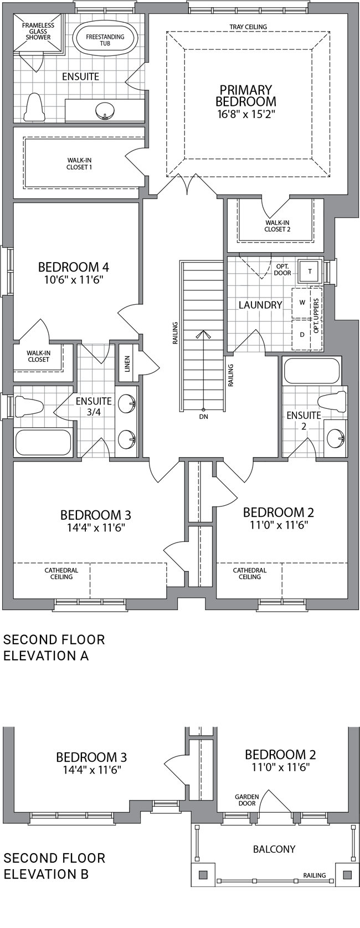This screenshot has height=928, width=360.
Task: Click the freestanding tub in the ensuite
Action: point(105,40)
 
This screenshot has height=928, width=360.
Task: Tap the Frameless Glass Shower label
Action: point(38,31)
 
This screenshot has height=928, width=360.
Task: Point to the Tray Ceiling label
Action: point(248,27)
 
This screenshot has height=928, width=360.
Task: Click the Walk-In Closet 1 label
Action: point(79,163)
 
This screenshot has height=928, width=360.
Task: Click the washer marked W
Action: point(302,303)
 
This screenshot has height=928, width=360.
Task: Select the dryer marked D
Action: point(302,334)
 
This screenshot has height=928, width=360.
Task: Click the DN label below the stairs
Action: point(203,417)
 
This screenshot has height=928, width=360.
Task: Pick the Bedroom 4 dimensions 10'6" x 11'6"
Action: point(73,280)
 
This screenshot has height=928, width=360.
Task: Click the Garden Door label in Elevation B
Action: point(247,799)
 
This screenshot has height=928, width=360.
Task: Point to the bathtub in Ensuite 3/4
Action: point(43,443)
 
